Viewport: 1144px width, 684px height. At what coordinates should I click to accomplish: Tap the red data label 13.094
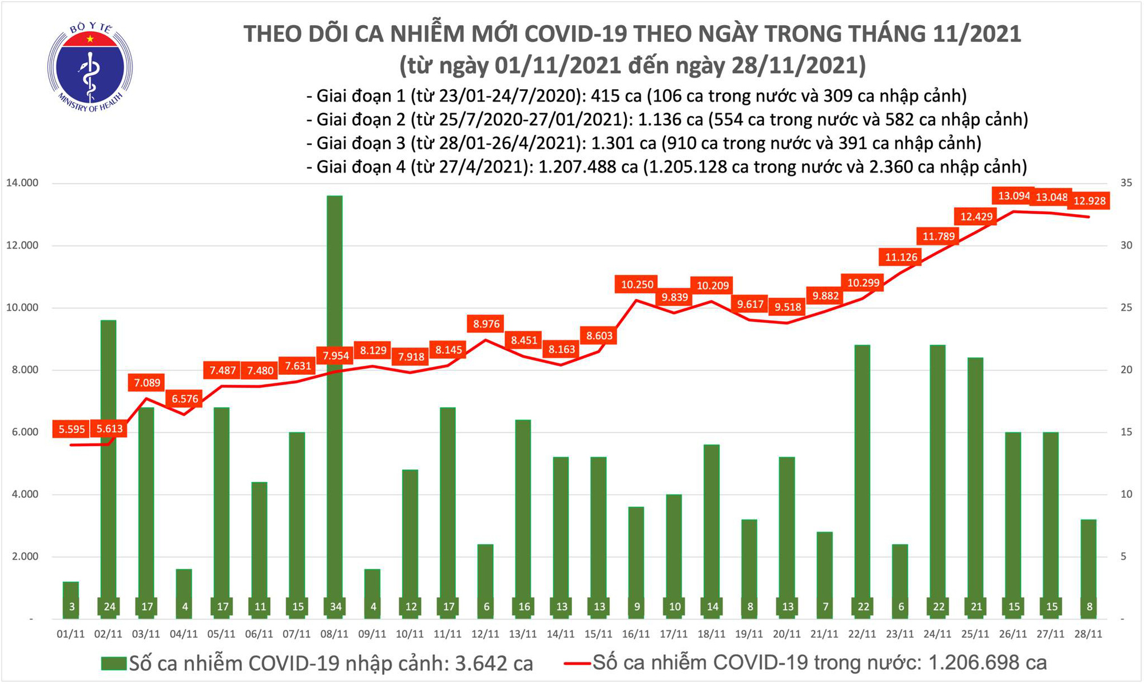point(1014,196)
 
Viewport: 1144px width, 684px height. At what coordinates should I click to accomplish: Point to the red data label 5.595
point(71,429)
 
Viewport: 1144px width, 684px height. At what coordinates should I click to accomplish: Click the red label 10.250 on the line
point(637,284)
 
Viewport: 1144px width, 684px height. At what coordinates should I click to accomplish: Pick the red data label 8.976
point(486,324)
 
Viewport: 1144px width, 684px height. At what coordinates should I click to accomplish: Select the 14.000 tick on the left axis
point(22,183)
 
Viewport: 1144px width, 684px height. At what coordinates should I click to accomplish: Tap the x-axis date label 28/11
point(1089,634)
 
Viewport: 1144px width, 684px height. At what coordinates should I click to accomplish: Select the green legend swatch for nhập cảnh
point(113,663)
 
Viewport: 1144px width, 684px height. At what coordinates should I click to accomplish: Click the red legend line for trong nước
point(577,663)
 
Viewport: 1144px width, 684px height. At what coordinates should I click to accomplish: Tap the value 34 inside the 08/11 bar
point(335,607)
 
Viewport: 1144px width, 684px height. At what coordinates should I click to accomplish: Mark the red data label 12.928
point(1090,201)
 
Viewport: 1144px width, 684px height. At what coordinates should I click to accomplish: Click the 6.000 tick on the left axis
point(22,432)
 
